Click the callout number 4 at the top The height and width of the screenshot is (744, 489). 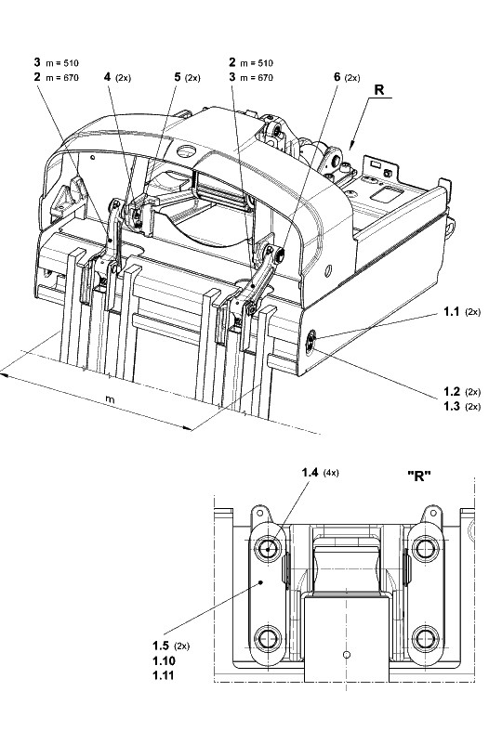pos(108,77)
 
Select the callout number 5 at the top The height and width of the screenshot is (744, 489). pos(178,77)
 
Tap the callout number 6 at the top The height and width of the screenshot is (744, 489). pos(337,77)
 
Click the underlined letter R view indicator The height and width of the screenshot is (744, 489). pos(379,90)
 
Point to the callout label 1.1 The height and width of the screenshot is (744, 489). pos(452,311)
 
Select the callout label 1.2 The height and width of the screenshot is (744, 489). pos(452,391)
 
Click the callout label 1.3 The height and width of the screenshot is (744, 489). pos(452,406)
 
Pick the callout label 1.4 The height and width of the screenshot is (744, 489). pos(310,472)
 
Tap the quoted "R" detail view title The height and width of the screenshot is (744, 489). pos(419,476)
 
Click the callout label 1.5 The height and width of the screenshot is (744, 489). pos(161,646)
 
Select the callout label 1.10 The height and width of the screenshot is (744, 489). pos(164,660)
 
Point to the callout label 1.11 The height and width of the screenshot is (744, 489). pos(164,675)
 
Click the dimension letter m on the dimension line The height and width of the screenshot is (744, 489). pos(110,399)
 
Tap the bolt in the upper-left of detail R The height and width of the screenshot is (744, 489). pos(268,549)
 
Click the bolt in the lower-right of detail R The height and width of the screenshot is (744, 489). pos(425,639)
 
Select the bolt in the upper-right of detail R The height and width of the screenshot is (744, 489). pos(425,549)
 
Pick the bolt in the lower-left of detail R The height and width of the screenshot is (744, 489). pos(268,639)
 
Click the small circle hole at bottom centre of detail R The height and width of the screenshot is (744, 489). pos(347,655)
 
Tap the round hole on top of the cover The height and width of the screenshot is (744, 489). pos(186,151)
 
